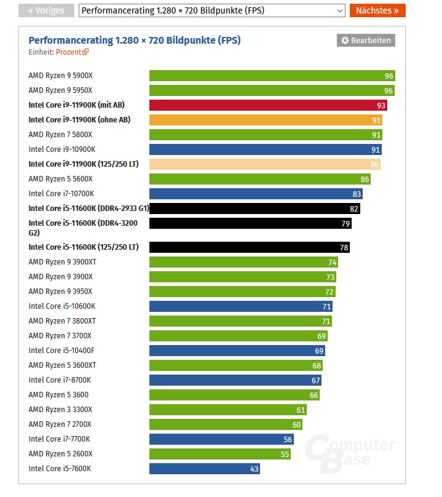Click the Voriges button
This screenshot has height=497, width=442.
[x=45, y=10]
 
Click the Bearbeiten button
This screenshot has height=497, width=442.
[x=366, y=40]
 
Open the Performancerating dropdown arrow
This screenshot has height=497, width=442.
[x=340, y=10]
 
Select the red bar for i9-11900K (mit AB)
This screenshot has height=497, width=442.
[x=267, y=105]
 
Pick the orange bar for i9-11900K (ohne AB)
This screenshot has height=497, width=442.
[x=265, y=120]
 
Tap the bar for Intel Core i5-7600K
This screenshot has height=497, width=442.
[x=204, y=469]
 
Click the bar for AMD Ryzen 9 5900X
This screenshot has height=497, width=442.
[x=271, y=76]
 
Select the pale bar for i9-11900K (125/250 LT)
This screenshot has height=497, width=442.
[x=264, y=164]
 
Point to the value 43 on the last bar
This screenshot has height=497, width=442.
[x=254, y=469]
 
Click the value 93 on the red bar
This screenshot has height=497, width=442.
[x=381, y=105]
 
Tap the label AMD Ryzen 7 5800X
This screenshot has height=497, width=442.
[x=60, y=135]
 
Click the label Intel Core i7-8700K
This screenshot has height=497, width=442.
[x=59, y=380]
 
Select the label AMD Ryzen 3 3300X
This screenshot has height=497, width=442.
[x=60, y=410]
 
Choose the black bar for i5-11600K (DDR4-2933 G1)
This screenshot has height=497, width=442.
[x=255, y=209]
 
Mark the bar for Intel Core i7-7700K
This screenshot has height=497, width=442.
[x=221, y=439]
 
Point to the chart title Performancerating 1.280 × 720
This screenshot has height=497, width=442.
[x=134, y=40]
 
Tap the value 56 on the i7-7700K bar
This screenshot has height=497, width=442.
[x=288, y=439]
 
